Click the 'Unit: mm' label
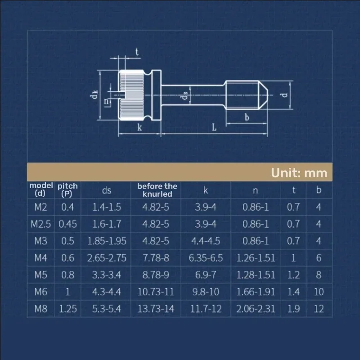pos(299,173)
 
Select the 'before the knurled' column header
pos(157,190)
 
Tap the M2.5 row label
pos(40,224)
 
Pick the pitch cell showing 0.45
pos(67,224)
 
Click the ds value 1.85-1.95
pos(107,241)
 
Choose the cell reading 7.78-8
pos(156,258)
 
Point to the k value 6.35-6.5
pos(206,258)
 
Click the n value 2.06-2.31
pos(256,309)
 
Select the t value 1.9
pos(293,309)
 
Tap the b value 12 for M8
pos(319,309)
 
